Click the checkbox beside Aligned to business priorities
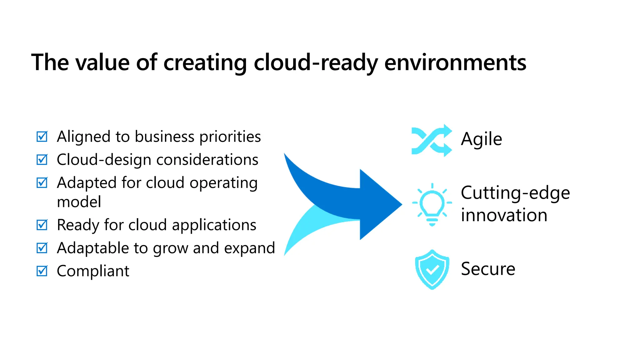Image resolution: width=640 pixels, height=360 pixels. tap(42, 137)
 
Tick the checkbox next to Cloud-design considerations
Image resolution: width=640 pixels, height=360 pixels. tap(42, 160)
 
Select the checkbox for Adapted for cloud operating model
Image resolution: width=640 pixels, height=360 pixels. tap(42, 183)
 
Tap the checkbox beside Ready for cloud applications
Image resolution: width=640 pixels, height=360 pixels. tap(42, 225)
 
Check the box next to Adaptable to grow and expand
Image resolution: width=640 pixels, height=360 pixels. tap(42, 248)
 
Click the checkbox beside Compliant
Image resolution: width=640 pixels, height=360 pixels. tap(42, 271)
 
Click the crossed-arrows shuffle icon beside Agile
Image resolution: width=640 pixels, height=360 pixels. tap(432, 140)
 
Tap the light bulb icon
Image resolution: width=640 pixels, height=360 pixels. tap(432, 204)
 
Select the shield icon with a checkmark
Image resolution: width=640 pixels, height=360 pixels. tap(432, 269)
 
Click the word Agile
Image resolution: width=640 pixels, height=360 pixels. tap(481, 139)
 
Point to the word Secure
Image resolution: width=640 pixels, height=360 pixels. tap(488, 269)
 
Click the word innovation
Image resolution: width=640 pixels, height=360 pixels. tap(504, 215)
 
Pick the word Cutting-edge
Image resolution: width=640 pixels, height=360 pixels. tap(515, 193)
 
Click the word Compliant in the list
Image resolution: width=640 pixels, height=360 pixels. tap(93, 271)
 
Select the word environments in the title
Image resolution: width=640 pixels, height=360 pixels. tap(455, 62)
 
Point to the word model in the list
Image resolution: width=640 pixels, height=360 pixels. tap(79, 202)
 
